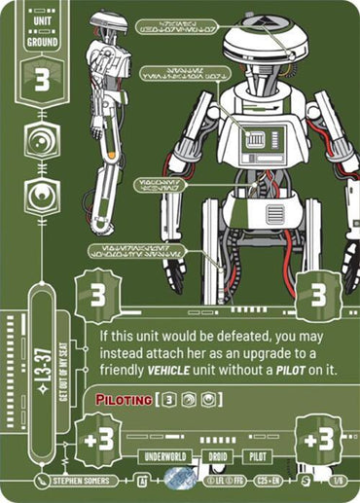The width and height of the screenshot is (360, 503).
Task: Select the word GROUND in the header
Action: click(38, 43)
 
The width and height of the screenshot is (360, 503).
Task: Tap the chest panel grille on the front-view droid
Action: click(255, 142)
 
